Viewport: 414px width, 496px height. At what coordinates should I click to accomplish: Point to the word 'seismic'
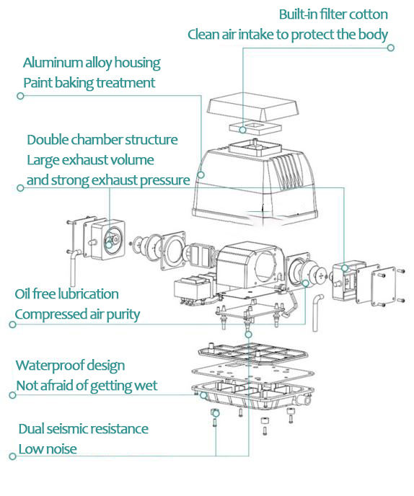pos(65,429)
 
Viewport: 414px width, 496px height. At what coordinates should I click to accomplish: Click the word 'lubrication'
pos(88,294)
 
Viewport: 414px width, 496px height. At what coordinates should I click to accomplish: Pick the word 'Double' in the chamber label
pos(47,140)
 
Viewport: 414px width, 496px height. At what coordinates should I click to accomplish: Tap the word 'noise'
pos(61,449)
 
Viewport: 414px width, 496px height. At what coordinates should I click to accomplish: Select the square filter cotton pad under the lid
pos(255,128)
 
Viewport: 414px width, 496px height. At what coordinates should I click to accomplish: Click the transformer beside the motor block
pos(194,288)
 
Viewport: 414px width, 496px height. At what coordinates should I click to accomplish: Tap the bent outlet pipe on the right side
pos(317,311)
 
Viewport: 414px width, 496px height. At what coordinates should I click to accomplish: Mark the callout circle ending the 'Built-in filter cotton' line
pos(391,48)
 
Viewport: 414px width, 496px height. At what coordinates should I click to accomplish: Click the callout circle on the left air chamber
pos(109,245)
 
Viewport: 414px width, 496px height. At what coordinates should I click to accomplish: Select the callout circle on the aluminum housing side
pos(201,174)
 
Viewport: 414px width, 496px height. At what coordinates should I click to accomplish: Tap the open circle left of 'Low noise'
pos(13,456)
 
